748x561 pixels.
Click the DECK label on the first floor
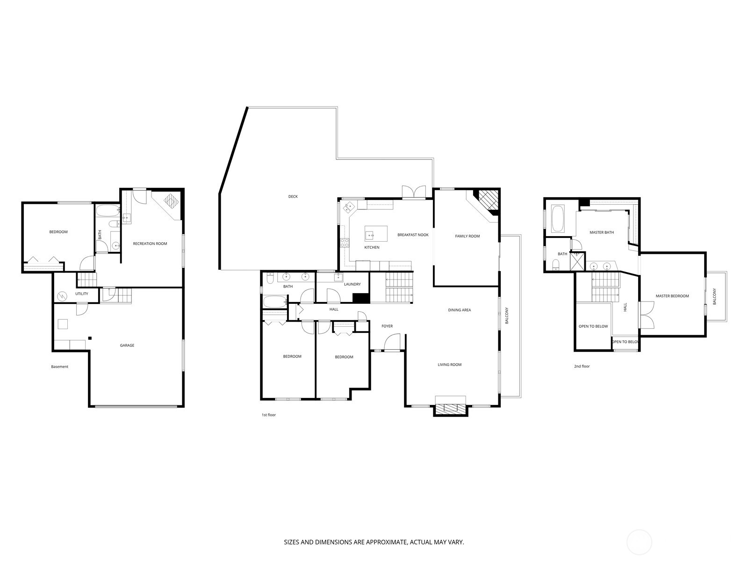tap(293, 196)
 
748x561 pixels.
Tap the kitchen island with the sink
tap(376, 233)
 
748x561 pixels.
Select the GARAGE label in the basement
tap(127, 345)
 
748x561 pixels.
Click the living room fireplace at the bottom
tap(451, 406)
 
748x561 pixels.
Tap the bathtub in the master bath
tap(558, 219)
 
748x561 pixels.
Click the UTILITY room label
tap(81, 294)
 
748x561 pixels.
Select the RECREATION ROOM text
tap(150, 244)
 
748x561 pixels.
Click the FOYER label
tap(387, 326)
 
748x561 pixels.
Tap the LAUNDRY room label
tap(352, 284)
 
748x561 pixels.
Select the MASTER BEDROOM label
tap(672, 296)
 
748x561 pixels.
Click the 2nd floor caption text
tap(582, 367)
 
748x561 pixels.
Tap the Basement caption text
tap(59, 367)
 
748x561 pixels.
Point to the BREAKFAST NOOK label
tap(413, 235)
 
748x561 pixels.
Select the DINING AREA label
tap(459, 310)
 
